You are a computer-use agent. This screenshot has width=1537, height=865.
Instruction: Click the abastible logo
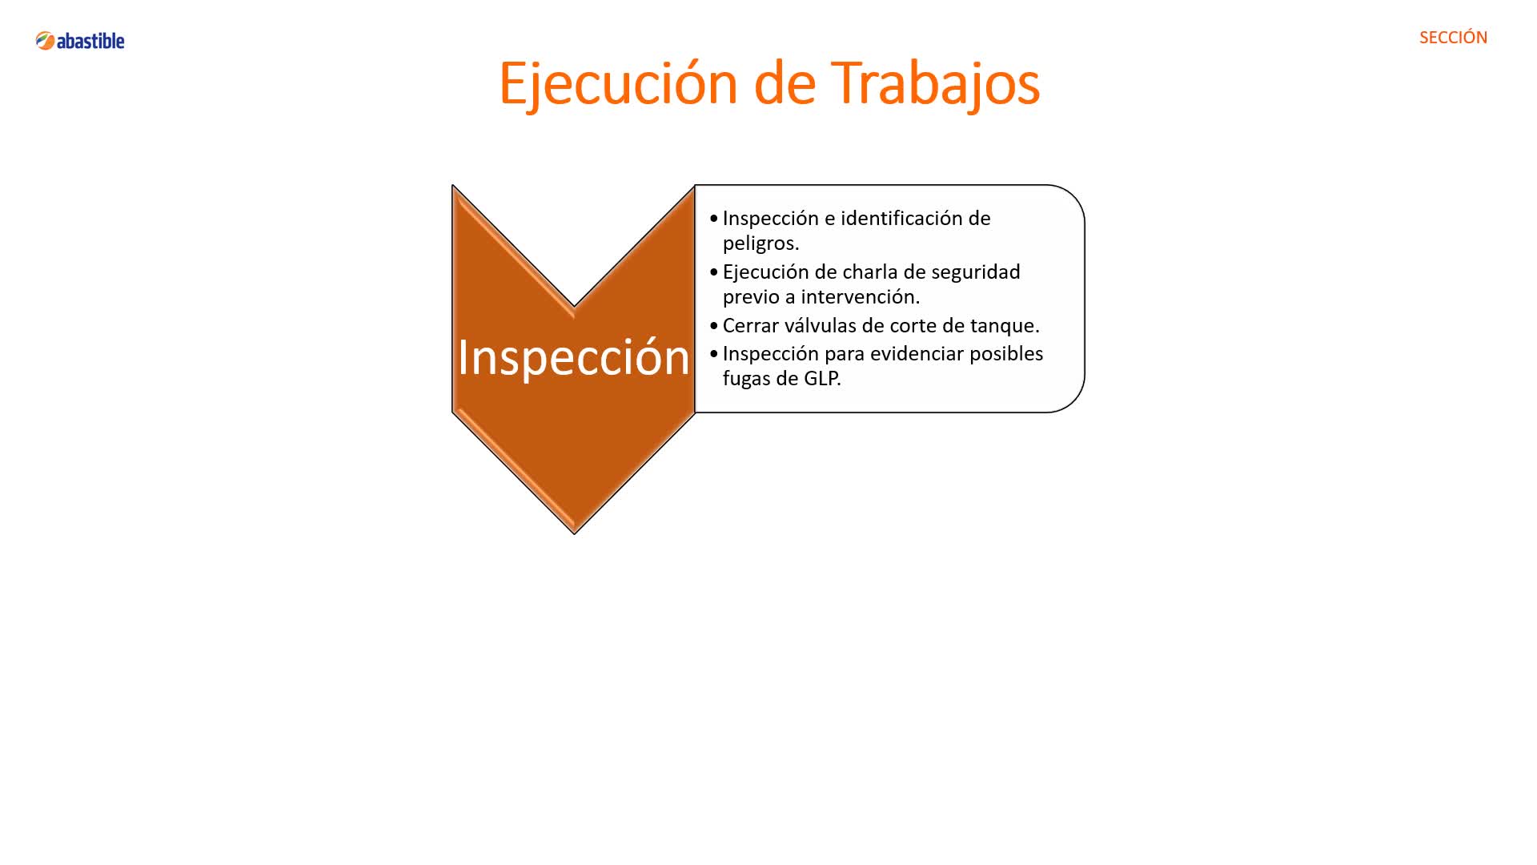click(x=80, y=40)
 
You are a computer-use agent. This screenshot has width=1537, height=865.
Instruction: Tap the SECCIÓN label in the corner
click(x=1453, y=38)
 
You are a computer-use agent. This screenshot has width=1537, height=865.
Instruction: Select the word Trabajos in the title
click(x=936, y=84)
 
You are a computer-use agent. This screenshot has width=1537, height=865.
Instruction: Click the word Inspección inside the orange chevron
click(x=573, y=357)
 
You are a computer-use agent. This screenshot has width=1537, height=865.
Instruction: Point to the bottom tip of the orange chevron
click(x=575, y=533)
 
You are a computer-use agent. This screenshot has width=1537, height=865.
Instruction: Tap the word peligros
click(x=760, y=243)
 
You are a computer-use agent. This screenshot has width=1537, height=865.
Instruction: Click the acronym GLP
click(x=822, y=378)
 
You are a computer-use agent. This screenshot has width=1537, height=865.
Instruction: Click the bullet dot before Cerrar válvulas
click(x=714, y=326)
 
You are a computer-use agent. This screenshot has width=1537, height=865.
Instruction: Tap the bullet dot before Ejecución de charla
click(x=714, y=272)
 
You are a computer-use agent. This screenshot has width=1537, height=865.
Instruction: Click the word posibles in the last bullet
click(x=1006, y=353)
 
